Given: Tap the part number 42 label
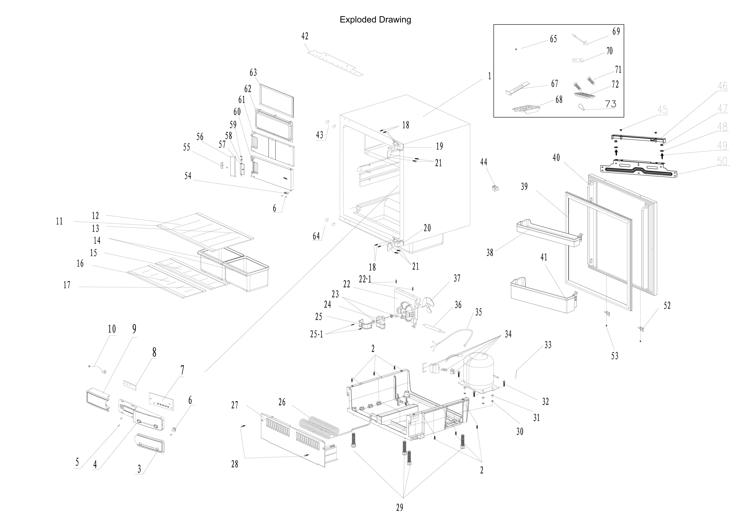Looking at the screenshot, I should click(304, 36).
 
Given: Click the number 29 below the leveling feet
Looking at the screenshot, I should click(399, 508).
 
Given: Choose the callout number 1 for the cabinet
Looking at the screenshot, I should click(489, 76).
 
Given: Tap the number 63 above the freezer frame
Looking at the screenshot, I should click(253, 73).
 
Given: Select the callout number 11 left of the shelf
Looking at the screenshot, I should click(59, 221).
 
